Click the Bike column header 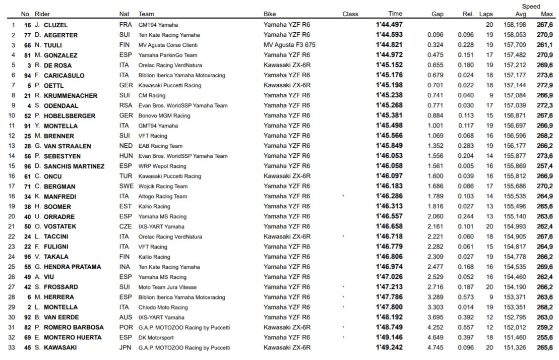[x=270, y=14]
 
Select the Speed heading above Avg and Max [x=531, y=7]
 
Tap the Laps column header [x=486, y=14]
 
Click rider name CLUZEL [x=55, y=25]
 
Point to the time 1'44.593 [x=389, y=35]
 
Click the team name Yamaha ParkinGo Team [x=168, y=55]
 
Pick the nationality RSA [x=126, y=105]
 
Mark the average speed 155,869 [x=514, y=166]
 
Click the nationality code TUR [x=126, y=176]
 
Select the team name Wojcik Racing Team [x=163, y=186]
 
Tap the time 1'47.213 [x=389, y=287]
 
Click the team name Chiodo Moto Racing [x=163, y=307]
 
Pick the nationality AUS [x=126, y=317]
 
